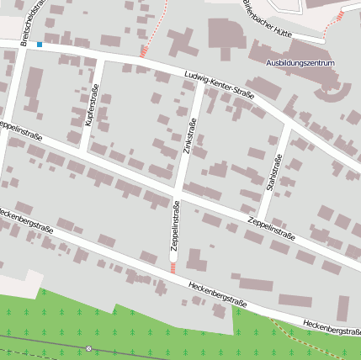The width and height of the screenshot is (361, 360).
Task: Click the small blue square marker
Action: (40, 44)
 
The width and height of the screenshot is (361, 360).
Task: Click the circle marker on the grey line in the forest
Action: (88, 347)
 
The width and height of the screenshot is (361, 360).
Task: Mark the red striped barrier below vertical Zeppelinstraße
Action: (173, 267)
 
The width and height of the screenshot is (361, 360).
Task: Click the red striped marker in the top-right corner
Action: (340, 15)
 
